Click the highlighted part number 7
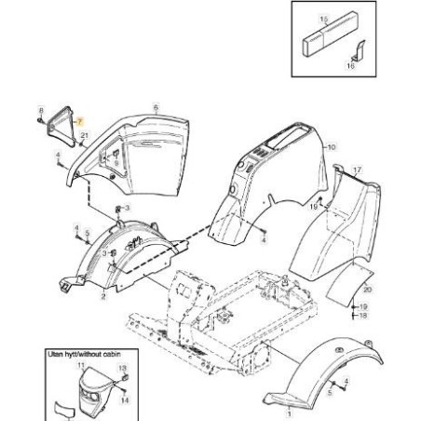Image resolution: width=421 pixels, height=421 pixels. click(80, 122)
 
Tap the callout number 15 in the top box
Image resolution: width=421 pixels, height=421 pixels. click(323, 20)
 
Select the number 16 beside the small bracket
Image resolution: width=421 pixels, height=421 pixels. click(350, 66)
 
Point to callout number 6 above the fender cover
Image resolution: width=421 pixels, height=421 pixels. click(156, 108)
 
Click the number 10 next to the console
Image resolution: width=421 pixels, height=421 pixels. click(332, 147)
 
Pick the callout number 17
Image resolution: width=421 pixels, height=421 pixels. click(358, 170)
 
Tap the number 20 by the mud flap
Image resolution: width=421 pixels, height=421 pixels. click(368, 290)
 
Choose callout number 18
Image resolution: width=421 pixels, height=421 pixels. click(363, 316)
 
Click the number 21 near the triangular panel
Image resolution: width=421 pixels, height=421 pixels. click(85, 135)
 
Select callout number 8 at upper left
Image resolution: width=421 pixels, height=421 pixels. click(41, 110)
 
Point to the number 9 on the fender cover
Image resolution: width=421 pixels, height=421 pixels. click(116, 163)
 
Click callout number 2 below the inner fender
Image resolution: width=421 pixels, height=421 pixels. click(103, 296)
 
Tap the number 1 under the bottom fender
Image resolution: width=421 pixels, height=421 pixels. click(290, 414)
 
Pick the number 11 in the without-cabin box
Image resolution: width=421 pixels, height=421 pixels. click(81, 366)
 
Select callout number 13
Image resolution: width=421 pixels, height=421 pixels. click(123, 369)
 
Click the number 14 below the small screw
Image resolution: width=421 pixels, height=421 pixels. click(125, 401)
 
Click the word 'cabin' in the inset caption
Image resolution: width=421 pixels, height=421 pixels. click(112, 354)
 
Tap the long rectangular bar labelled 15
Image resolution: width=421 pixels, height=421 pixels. click(330, 34)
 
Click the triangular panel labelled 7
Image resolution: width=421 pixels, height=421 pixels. click(61, 126)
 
